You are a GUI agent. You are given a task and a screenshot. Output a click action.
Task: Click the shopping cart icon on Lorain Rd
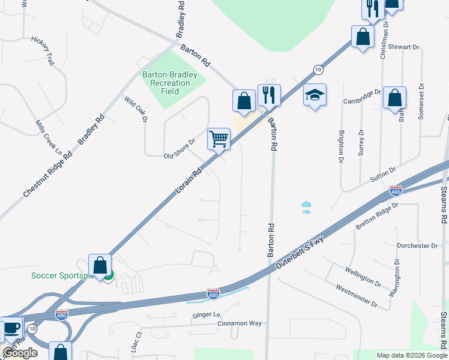click(x=219, y=139)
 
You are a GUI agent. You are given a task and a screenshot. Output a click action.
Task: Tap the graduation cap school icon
click(x=315, y=95)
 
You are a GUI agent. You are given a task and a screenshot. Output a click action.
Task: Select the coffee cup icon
click(x=11, y=328)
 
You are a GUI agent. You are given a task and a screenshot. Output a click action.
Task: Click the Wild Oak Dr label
click(x=135, y=109)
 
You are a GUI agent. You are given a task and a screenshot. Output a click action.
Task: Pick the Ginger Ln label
click(x=206, y=314)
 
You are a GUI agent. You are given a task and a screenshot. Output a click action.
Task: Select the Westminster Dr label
click(x=357, y=296)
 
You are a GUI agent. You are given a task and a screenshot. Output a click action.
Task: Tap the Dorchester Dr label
click(x=417, y=246)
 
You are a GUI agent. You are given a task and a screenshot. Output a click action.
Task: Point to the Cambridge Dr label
click(x=362, y=97)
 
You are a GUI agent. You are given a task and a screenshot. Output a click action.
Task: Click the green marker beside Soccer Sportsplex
click(x=108, y=275)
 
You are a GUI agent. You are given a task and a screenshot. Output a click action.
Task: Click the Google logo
click(x=20, y=353)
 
